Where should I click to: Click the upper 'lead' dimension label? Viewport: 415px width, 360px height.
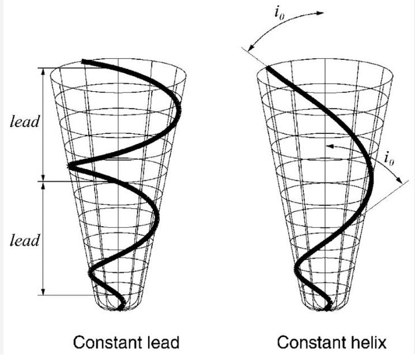25,122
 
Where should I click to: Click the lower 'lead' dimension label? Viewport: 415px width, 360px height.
25,239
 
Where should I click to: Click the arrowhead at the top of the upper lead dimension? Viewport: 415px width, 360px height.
43,70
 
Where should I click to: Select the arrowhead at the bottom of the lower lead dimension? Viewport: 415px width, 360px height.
43,293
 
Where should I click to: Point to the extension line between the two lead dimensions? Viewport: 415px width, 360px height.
55,181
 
